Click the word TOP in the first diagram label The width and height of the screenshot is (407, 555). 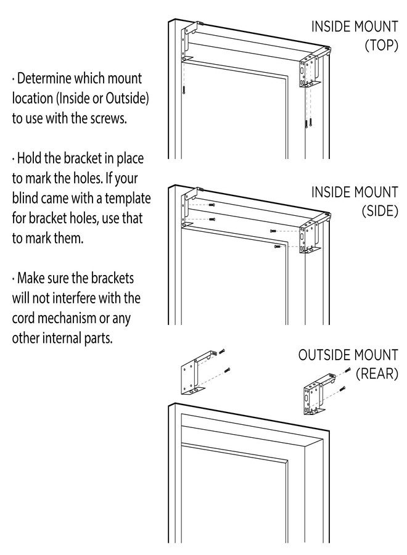coord(382,45)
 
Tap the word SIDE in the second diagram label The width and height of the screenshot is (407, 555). coord(380,211)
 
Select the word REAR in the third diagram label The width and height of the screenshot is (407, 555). coord(377,374)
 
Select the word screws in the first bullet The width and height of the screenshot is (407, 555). coord(109,118)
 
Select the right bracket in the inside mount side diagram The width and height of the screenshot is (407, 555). coord(311,233)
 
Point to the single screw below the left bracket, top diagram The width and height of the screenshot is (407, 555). coord(184,90)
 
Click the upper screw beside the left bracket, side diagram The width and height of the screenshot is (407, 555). coord(212,205)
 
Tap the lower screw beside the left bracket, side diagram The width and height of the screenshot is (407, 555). coord(212,220)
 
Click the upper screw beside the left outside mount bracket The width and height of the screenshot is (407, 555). coord(222,352)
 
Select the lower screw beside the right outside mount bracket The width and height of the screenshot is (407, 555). coord(342,388)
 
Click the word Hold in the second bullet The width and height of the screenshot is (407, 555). coord(30,158)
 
